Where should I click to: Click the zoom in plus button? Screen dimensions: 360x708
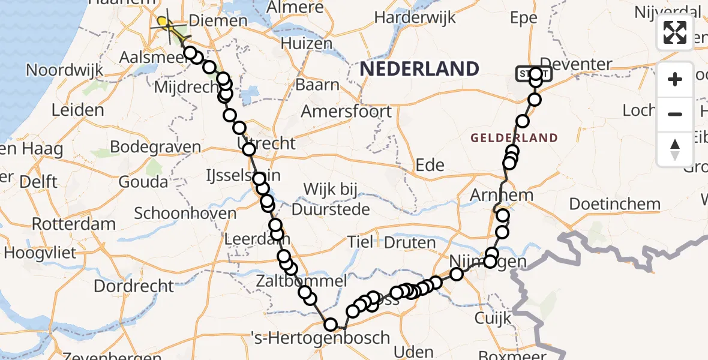[x=675, y=79]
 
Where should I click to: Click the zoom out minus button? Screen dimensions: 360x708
[x=675, y=114]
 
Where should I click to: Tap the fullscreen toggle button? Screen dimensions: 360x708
[x=675, y=32]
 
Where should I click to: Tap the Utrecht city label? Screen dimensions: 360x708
[x=268, y=144]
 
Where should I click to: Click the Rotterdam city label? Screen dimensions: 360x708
[x=74, y=224]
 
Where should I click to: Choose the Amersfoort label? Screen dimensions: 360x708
[x=347, y=111]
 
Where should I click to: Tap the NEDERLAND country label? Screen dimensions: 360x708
[x=419, y=69]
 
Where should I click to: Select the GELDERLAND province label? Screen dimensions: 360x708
[x=514, y=138]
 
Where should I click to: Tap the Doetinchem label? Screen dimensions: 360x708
[x=614, y=204]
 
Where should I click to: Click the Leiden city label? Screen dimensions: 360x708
[x=78, y=110]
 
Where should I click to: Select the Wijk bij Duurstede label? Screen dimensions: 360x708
[x=330, y=200]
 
